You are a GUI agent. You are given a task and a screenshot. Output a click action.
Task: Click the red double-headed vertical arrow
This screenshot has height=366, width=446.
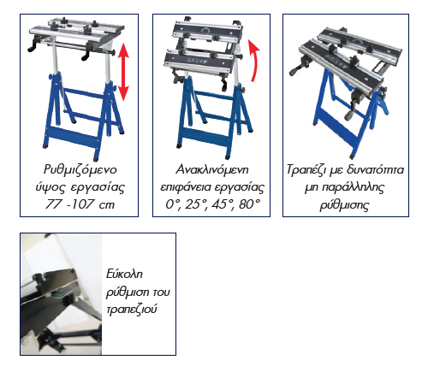pyautogui.click(x=123, y=72)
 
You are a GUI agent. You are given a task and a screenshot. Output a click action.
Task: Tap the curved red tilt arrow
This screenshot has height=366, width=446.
pyautogui.click(x=255, y=59)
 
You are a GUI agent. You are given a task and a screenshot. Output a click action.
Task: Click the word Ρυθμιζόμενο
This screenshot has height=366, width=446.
pyautogui.click(x=80, y=169)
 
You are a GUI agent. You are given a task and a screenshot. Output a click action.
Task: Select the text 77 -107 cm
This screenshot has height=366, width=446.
pyautogui.click(x=80, y=204)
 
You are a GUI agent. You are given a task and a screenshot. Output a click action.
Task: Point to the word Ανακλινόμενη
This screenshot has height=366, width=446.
pyautogui.click(x=212, y=169)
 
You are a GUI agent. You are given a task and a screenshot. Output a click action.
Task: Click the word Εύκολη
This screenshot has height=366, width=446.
pyautogui.click(x=124, y=274)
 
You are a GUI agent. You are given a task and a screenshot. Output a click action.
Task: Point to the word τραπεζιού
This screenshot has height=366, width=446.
pyautogui.click(x=132, y=310)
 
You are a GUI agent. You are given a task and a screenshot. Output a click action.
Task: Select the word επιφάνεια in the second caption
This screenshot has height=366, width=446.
pyautogui.click(x=186, y=188)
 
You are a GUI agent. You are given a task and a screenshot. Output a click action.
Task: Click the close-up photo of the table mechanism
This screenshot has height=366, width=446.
pyautogui.click(x=62, y=294)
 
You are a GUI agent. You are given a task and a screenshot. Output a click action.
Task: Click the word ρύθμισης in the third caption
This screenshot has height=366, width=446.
pyautogui.click(x=344, y=205)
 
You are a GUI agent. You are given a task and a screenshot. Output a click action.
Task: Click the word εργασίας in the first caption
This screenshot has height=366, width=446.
pyautogui.click(x=98, y=188)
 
